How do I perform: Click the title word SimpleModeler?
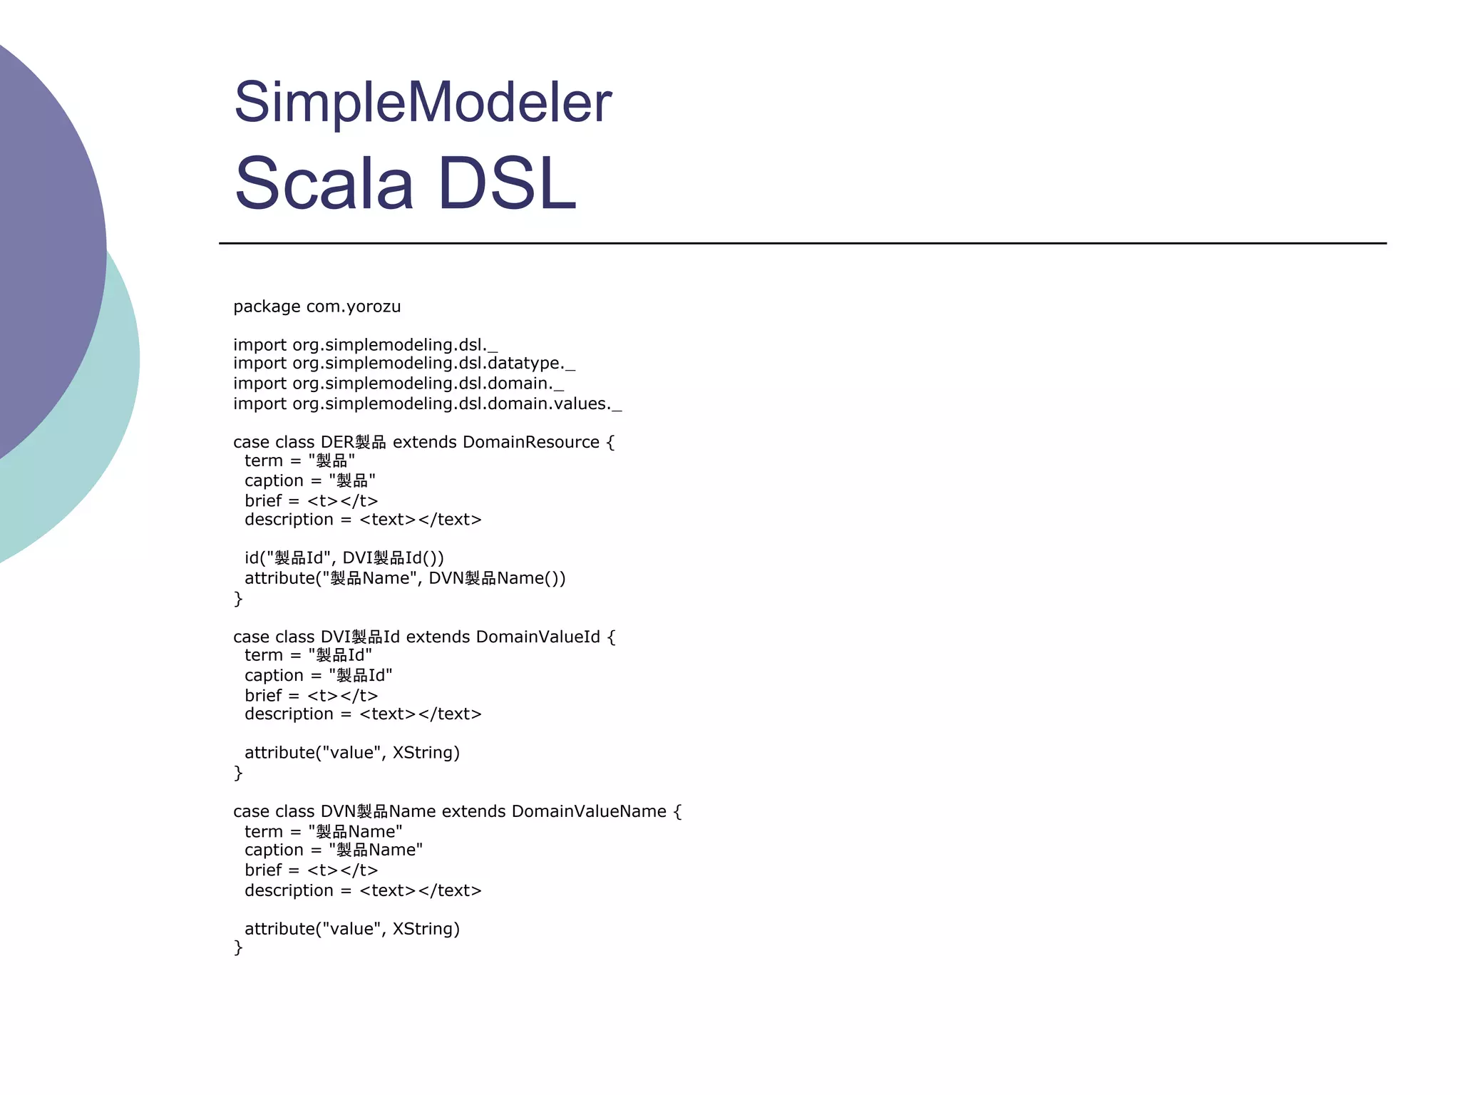pos(423,102)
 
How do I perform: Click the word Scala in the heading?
pos(324,183)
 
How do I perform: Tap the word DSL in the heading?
pos(506,183)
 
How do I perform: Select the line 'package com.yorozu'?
pos(317,307)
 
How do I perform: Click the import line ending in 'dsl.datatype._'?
pos(403,364)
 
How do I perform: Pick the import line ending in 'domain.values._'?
pos(427,403)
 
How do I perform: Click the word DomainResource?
pos(530,442)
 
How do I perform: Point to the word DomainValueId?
pos(538,637)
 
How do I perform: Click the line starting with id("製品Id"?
pos(344,558)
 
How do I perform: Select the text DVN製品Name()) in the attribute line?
pos(497,578)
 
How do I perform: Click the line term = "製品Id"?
pos(308,655)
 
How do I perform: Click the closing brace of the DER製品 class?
pos(238,598)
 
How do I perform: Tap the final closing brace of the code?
pos(238,947)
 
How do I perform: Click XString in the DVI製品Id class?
pos(426,753)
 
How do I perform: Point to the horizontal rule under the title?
pos(802,243)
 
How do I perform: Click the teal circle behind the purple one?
pos(107,428)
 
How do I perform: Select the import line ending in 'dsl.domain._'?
pos(398,384)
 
